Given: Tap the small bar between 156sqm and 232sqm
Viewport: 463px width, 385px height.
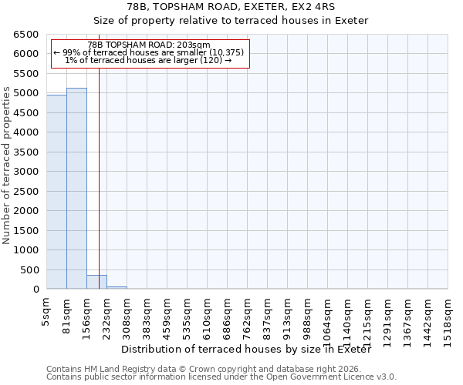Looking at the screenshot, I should coord(96,282).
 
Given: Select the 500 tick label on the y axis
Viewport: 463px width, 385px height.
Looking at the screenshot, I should coord(30,270).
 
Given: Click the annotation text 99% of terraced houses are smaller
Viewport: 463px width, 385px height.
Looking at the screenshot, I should coord(148,52).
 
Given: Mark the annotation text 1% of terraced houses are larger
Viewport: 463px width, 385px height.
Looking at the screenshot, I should coord(148,60).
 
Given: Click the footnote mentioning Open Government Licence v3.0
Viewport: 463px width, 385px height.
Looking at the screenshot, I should coord(221,377).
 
